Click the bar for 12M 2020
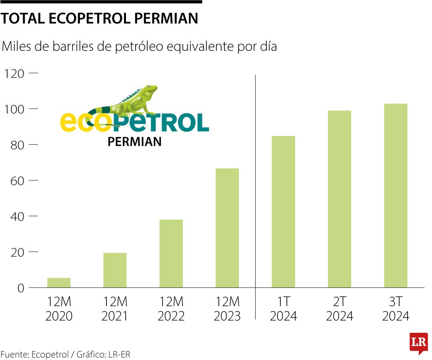pyautogui.click(x=59, y=282)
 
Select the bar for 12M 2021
pyautogui.click(x=115, y=270)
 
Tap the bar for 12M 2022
pyautogui.click(x=171, y=253)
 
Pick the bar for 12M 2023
pyautogui.click(x=227, y=228)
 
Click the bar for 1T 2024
pyautogui.click(x=283, y=212)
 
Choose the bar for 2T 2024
pyautogui.click(x=340, y=199)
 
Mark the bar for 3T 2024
pyautogui.click(x=396, y=195)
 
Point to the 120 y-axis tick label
pyautogui.click(x=14, y=74)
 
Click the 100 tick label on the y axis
pyautogui.click(x=14, y=109)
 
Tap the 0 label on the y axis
pyautogui.click(x=21, y=288)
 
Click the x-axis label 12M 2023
pyautogui.click(x=227, y=308)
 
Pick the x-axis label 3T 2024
pyautogui.click(x=396, y=308)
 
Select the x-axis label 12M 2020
pyautogui.click(x=59, y=308)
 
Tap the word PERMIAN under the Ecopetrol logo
pyautogui.click(x=134, y=142)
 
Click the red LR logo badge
pyautogui.click(x=418, y=343)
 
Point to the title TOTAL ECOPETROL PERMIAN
pyautogui.click(x=100, y=18)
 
